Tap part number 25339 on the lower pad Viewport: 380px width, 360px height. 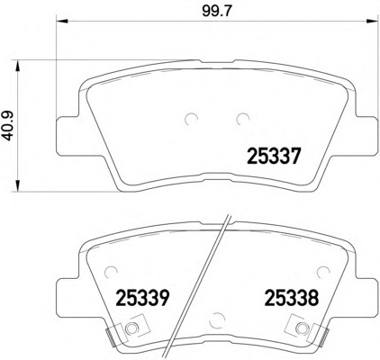[142, 296]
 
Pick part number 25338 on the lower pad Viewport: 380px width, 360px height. [290, 296]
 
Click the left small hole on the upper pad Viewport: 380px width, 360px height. [189, 118]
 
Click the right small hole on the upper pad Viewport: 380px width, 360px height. [240, 118]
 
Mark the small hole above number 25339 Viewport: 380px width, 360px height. [110, 267]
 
